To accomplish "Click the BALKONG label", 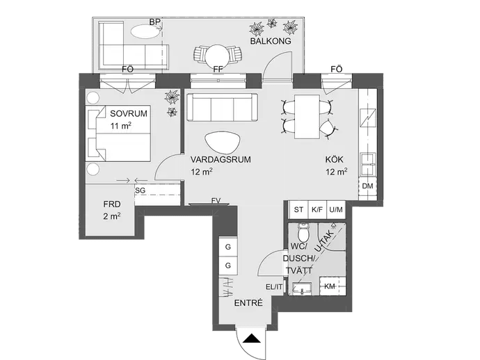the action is (x=271, y=41).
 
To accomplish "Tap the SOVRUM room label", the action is (x=129, y=113).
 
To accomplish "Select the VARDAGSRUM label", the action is (x=221, y=159).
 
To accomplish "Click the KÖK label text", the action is (x=335, y=159).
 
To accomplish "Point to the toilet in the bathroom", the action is (x=304, y=233).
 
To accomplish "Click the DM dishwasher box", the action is (x=367, y=186).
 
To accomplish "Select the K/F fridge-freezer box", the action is (x=317, y=210).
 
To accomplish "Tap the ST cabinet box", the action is (x=298, y=210).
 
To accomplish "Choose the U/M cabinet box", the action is (x=336, y=210).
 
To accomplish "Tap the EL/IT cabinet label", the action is (x=274, y=287).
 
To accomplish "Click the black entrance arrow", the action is (x=251, y=338).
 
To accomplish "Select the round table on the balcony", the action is (x=217, y=56).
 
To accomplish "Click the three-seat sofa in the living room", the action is (x=222, y=107).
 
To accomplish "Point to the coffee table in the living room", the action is (x=222, y=142).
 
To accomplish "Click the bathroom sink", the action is (x=303, y=288).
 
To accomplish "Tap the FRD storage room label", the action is (x=112, y=204).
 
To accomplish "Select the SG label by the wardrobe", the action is (x=141, y=190).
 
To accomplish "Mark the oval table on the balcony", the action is (x=146, y=31).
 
